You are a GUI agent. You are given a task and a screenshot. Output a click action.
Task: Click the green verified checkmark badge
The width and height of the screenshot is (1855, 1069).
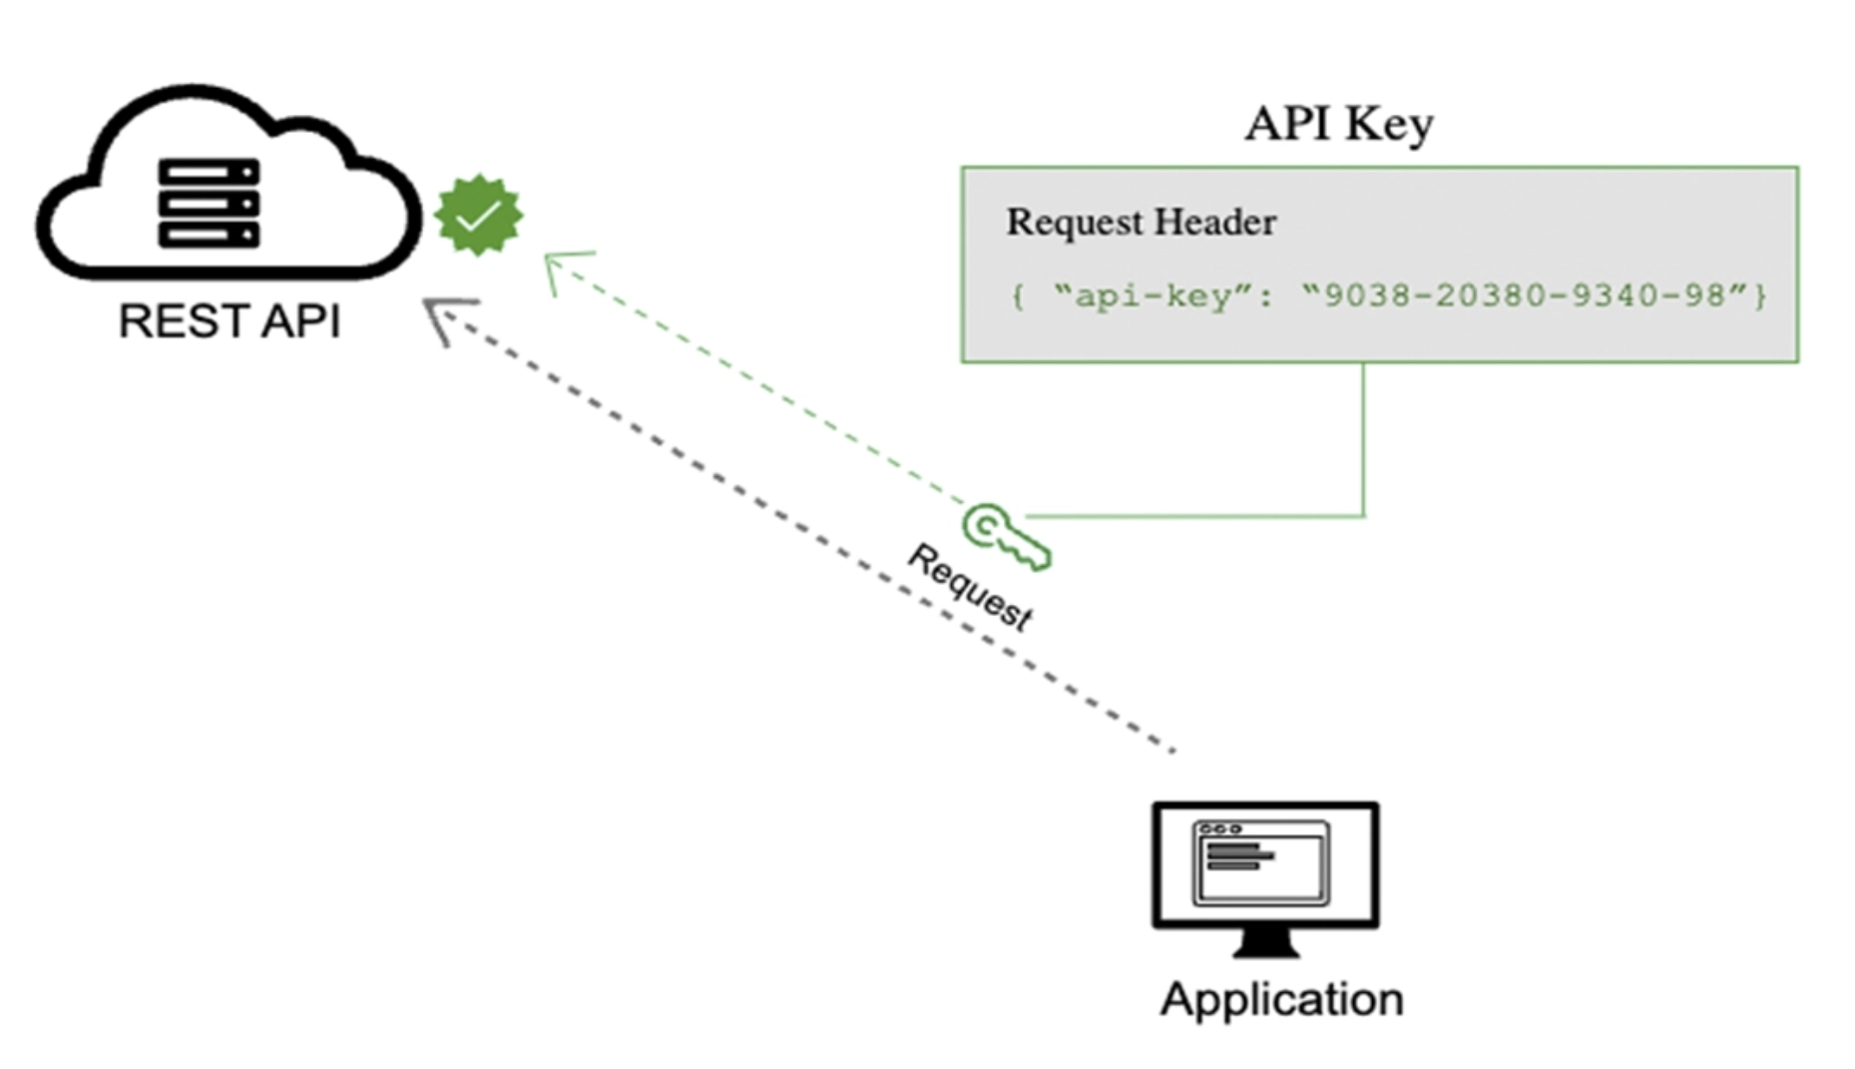[479, 215]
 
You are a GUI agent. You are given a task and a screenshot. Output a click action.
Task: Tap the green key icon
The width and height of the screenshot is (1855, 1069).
[1006, 537]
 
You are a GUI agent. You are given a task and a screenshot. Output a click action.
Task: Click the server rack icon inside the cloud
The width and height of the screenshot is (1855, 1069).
[209, 203]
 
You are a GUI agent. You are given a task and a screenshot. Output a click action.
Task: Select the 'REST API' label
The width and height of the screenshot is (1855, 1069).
[230, 321]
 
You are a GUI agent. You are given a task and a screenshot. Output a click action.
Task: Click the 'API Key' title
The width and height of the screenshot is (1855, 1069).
[1339, 124]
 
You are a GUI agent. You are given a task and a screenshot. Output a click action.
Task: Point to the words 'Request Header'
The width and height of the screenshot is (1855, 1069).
[1142, 222]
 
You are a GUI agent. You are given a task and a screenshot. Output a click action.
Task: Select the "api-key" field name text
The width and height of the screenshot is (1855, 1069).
[1155, 295]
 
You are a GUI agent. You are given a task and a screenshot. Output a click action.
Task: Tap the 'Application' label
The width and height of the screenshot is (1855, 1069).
[1282, 999]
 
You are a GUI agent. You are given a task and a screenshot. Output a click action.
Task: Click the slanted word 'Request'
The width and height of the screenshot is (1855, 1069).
[970, 587]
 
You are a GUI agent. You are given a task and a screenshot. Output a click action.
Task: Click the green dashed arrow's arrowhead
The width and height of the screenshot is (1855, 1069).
[564, 267]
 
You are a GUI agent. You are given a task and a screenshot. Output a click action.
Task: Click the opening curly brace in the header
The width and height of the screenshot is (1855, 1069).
[1018, 296]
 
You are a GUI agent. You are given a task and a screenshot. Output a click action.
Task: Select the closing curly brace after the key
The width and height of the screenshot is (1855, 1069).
[1761, 295]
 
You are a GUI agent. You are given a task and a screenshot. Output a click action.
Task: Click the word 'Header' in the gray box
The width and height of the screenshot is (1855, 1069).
[1218, 222]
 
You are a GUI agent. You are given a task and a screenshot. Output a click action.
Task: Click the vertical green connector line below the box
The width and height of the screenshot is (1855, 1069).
[1363, 439]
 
